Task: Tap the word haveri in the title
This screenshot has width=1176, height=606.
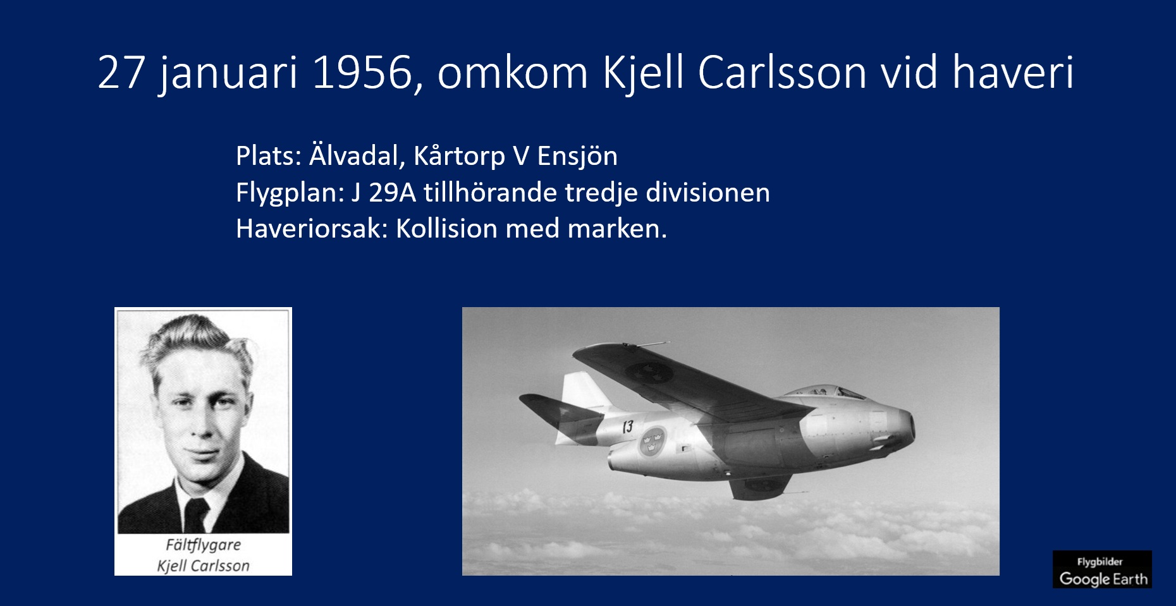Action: [x=1013, y=73]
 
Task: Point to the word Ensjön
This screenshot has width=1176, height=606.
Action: [x=577, y=156]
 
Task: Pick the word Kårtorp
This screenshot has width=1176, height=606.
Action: [x=459, y=156]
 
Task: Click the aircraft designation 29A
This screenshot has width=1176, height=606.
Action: [x=392, y=193]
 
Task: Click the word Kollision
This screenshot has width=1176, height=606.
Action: [x=446, y=229]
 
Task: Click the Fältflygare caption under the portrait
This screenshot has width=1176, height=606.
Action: [x=203, y=545]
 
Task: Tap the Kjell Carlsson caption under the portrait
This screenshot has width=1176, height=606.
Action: [x=203, y=566]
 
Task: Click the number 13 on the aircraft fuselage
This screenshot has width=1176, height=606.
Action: [x=627, y=428]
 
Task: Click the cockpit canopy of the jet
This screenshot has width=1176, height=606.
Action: [x=825, y=392]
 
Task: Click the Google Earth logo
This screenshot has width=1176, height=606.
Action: [x=1102, y=569]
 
